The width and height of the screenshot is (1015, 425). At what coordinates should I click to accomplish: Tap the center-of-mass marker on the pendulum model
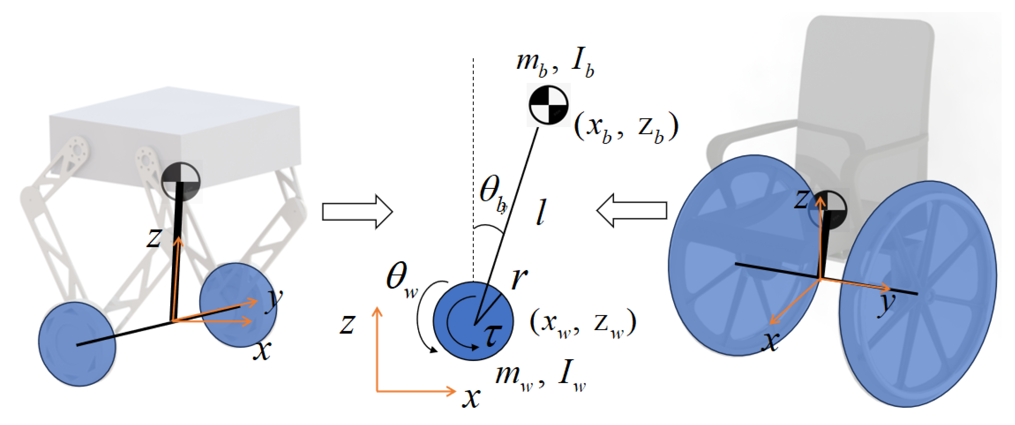[549, 105]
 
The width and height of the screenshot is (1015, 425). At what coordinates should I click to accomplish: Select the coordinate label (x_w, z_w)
[583, 323]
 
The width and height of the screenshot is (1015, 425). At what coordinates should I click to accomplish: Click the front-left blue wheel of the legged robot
[77, 344]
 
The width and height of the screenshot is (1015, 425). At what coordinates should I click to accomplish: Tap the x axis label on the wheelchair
[770, 341]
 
